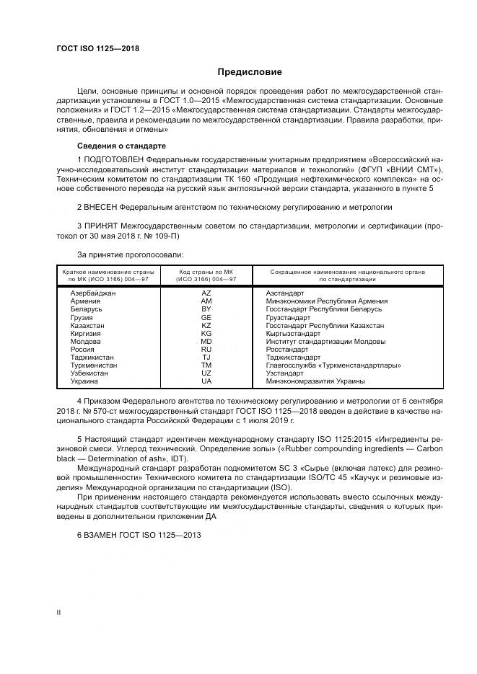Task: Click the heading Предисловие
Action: click(250, 72)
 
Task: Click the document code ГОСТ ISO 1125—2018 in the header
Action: click(97, 49)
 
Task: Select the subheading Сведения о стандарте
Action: click(118, 146)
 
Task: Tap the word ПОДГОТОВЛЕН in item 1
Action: click(113, 158)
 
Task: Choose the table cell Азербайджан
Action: click(93, 293)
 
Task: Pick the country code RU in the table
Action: click(206, 349)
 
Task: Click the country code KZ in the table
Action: click(206, 325)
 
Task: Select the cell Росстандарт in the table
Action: click(287, 349)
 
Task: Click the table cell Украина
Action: click(84, 381)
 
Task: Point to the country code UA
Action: click(206, 381)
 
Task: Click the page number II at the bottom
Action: click(59, 611)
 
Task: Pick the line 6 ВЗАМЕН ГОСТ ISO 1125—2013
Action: click(139, 535)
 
